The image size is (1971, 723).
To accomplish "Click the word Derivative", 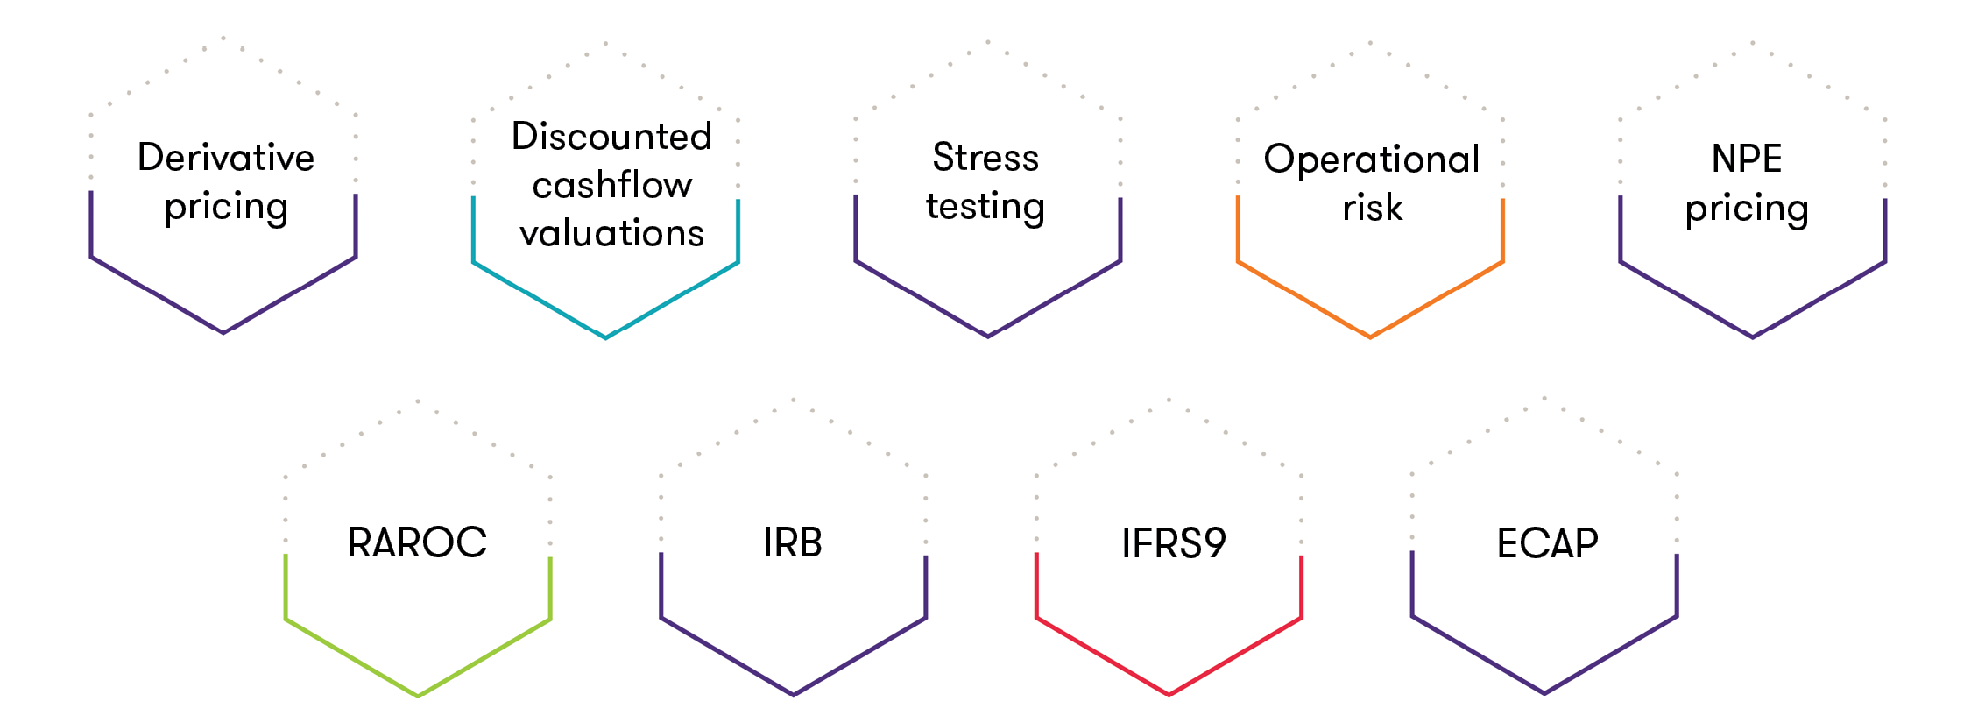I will [226, 158].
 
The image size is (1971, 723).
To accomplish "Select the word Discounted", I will [611, 137].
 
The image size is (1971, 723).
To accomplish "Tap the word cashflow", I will [611, 185].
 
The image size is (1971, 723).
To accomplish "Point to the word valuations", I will [611, 233].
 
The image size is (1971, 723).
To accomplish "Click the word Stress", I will [985, 158].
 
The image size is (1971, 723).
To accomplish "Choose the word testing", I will [985, 207].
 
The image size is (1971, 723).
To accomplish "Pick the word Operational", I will [1371, 159].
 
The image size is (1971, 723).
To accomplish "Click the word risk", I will [1372, 208].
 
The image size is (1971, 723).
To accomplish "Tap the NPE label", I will [1747, 159].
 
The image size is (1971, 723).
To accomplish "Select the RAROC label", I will [417, 542].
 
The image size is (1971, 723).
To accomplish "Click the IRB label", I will [793, 542].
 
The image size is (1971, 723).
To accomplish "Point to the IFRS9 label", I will [1173, 543].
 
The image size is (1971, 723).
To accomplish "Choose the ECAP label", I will [1547, 543].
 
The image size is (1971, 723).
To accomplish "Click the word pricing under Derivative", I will [226, 208].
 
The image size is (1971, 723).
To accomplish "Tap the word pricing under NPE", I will [1747, 209].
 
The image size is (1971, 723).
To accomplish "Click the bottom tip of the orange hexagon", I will [1370, 337].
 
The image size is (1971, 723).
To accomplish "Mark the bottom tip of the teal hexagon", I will [605, 337].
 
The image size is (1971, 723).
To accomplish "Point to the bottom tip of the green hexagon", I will [418, 696].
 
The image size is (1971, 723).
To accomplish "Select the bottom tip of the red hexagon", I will [1169, 695].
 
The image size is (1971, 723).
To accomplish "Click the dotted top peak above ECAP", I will [1544, 398].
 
